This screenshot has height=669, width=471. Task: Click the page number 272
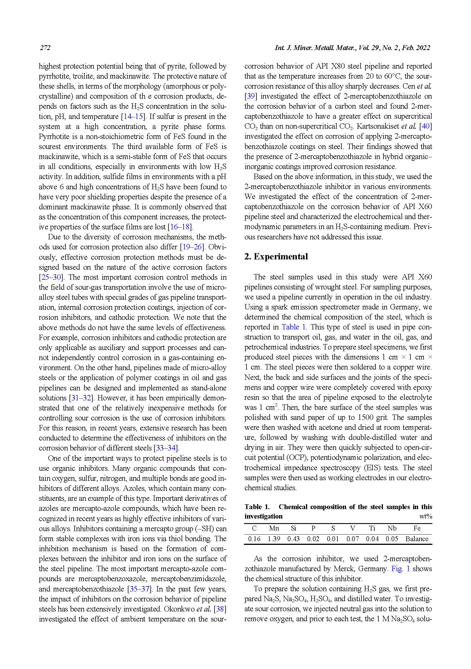(45, 48)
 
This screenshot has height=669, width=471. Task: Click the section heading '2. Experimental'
(276, 257)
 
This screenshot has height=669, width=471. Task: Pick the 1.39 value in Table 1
(274, 539)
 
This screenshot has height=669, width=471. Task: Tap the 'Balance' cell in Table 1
(417, 539)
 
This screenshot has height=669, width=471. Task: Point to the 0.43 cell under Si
(293, 539)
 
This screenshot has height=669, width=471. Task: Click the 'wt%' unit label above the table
(426, 517)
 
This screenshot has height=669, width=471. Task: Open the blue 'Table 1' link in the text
(294, 327)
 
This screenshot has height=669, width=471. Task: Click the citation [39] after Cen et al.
(250, 96)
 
